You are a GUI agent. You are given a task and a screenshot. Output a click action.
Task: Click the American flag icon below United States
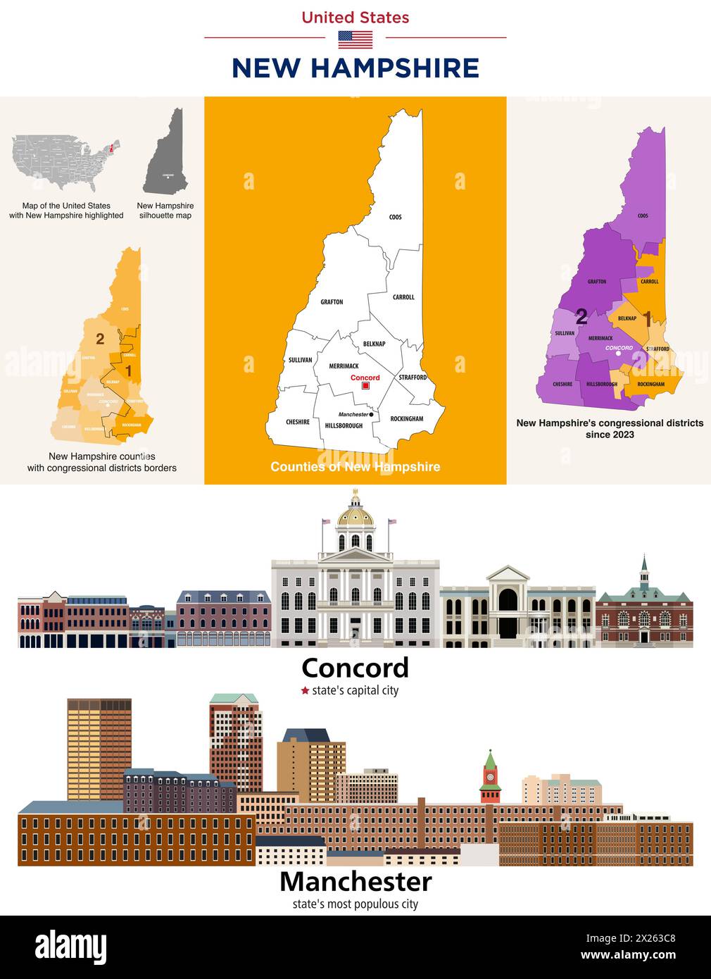355,39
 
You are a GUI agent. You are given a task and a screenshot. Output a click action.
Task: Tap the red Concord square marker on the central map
365,386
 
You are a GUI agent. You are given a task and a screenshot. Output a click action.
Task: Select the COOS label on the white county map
396,217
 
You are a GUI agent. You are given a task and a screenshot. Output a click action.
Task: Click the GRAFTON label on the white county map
332,302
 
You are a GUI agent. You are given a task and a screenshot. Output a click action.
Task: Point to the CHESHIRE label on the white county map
298,422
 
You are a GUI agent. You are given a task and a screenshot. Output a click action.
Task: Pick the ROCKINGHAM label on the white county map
407,419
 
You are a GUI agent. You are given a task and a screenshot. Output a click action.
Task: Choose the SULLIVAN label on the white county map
301,360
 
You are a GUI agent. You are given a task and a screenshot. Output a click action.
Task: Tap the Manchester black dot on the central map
371,414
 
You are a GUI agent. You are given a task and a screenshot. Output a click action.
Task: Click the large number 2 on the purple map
581,317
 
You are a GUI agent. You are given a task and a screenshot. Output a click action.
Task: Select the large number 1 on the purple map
647,320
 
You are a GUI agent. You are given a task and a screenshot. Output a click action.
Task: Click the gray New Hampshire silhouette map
167,151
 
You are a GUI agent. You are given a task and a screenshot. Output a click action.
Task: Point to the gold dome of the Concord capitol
355,516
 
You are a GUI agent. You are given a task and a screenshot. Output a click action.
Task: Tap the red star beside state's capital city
305,691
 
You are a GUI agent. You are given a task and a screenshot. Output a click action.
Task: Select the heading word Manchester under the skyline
355,881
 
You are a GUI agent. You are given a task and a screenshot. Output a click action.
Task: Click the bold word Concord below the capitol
355,668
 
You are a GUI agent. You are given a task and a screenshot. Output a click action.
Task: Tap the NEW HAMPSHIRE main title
355,68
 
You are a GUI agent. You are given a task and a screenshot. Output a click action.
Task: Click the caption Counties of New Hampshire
355,467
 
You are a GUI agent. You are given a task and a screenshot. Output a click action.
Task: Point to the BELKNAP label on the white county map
374,344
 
